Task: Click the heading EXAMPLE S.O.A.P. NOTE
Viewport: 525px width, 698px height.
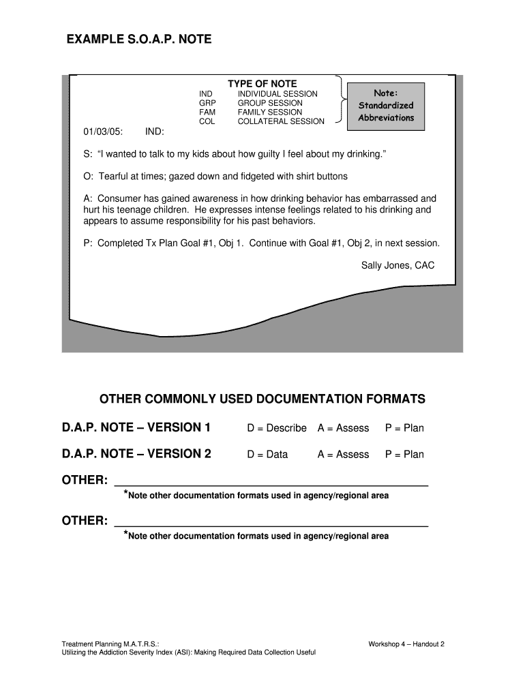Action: click(x=138, y=40)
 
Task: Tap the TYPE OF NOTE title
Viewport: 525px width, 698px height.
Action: click(x=262, y=84)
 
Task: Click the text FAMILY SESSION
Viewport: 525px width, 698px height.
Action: click(x=269, y=112)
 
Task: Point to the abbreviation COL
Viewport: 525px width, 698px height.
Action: click(x=207, y=121)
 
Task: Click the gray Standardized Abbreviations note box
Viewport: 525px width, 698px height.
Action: click(x=386, y=106)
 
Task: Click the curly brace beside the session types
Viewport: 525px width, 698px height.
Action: click(x=338, y=102)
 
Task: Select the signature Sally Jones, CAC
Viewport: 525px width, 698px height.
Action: click(x=397, y=265)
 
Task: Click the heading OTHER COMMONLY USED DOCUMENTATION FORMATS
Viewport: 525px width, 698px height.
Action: click(x=262, y=399)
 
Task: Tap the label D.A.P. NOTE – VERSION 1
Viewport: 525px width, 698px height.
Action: click(x=136, y=428)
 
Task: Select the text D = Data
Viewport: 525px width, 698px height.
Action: click(x=267, y=455)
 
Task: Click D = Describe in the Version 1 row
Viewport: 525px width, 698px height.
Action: click(x=277, y=428)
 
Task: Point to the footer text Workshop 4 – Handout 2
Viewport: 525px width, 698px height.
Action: click(x=406, y=644)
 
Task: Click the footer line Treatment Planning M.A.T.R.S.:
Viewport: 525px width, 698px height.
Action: click(x=110, y=644)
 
